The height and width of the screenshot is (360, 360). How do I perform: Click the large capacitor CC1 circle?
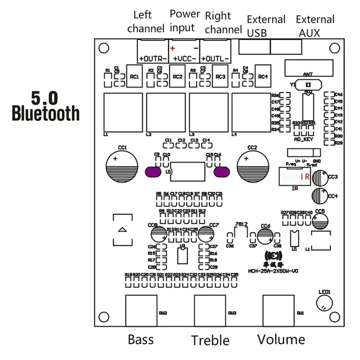click(x=121, y=166)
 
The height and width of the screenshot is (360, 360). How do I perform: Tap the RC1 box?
click(x=135, y=77)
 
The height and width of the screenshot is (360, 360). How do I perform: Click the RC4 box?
click(x=263, y=77)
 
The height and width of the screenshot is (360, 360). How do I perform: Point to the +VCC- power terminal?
click(x=184, y=51)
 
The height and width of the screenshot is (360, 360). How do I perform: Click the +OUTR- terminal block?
click(x=153, y=51)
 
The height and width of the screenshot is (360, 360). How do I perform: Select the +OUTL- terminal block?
click(x=215, y=51)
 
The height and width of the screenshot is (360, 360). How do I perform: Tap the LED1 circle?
click(x=324, y=303)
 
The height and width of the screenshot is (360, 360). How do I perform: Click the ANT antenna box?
click(x=308, y=69)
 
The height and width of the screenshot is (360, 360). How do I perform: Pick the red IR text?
click(x=305, y=177)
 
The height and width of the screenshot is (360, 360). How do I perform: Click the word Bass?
click(x=141, y=339)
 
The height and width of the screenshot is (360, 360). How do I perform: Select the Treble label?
click(x=211, y=340)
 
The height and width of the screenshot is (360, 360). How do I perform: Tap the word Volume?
click(x=281, y=339)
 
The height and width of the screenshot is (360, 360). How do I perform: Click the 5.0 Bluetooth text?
click(x=45, y=106)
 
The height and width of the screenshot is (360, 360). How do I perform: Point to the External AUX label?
click(x=315, y=26)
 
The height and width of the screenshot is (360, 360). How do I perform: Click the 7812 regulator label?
click(x=241, y=224)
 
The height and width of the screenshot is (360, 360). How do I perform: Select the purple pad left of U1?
click(x=153, y=171)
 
